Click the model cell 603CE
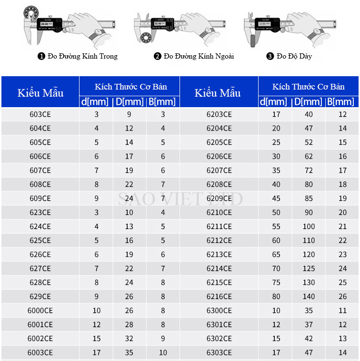click(x=40, y=114)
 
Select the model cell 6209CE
click(x=219, y=199)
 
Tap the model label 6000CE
click(x=40, y=311)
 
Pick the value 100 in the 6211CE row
click(x=309, y=227)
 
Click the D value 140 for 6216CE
click(x=309, y=297)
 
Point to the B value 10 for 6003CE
click(x=163, y=352)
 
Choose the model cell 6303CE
click(x=219, y=352)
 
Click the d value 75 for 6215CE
click(x=276, y=282)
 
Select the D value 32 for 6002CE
click(x=129, y=339)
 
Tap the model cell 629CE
click(x=40, y=297)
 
